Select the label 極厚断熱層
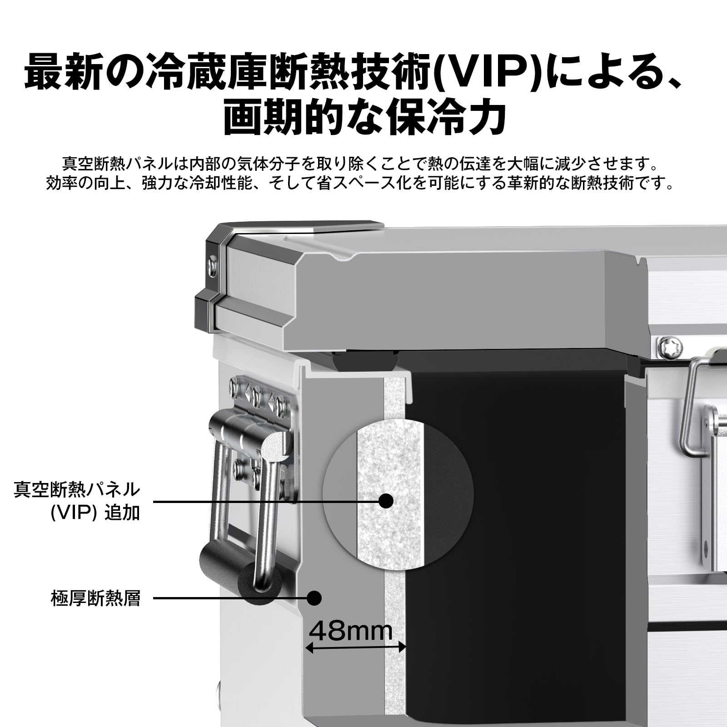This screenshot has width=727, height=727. point(95,598)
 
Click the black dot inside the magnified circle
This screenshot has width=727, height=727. point(386,501)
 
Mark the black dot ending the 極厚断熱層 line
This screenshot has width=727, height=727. point(314,598)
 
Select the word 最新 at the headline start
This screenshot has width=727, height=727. point(61,72)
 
